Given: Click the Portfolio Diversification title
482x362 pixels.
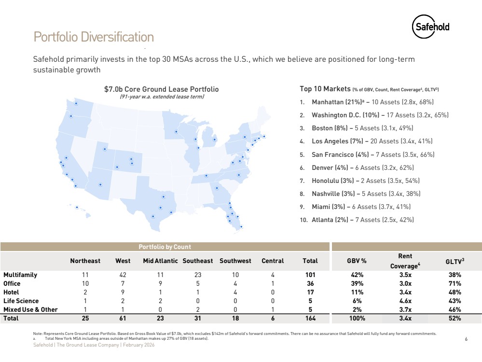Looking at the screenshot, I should (x=94, y=37).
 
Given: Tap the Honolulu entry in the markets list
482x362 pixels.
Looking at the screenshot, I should (x=366, y=181).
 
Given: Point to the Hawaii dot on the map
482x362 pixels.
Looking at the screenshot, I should (x=77, y=208).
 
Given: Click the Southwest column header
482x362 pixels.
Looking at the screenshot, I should (x=235, y=261).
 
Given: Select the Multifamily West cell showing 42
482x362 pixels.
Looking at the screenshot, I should (x=123, y=275).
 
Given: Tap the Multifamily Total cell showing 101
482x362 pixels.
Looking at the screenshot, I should (x=310, y=275).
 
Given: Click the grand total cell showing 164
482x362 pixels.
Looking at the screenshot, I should (x=310, y=319).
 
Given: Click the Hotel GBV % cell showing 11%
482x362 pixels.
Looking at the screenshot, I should (x=358, y=292).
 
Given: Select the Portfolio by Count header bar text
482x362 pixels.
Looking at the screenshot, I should (x=165, y=247).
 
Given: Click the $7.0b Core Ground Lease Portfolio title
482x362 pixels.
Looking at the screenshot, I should (x=162, y=89).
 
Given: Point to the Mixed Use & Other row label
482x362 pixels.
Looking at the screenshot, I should (x=30, y=309).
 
